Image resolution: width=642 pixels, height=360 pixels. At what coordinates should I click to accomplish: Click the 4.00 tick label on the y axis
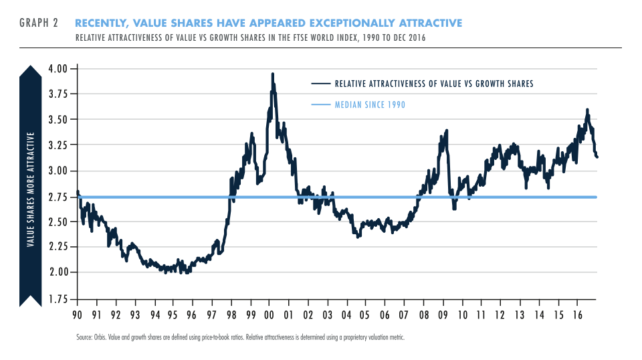pyautogui.click(x=59, y=69)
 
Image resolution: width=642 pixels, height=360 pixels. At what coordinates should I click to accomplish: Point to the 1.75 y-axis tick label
pyautogui.click(x=59, y=298)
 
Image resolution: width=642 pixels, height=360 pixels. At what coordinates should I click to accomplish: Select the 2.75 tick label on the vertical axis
pyautogui.click(x=59, y=197)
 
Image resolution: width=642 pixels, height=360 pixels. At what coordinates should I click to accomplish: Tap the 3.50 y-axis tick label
pyautogui.click(x=59, y=120)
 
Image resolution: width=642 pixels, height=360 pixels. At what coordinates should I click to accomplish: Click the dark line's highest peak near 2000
pyautogui.click(x=272, y=74)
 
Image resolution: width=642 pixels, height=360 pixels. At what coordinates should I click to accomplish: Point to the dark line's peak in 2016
pyautogui.click(x=587, y=109)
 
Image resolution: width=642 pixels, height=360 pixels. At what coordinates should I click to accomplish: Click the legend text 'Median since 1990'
pyautogui.click(x=370, y=105)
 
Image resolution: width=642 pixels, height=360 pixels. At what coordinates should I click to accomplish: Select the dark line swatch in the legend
pyautogui.click(x=321, y=84)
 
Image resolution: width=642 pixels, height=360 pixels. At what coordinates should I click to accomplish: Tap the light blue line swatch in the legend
pyautogui.click(x=321, y=105)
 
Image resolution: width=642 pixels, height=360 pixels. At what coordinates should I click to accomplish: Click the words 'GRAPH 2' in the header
pyautogui.click(x=39, y=23)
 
